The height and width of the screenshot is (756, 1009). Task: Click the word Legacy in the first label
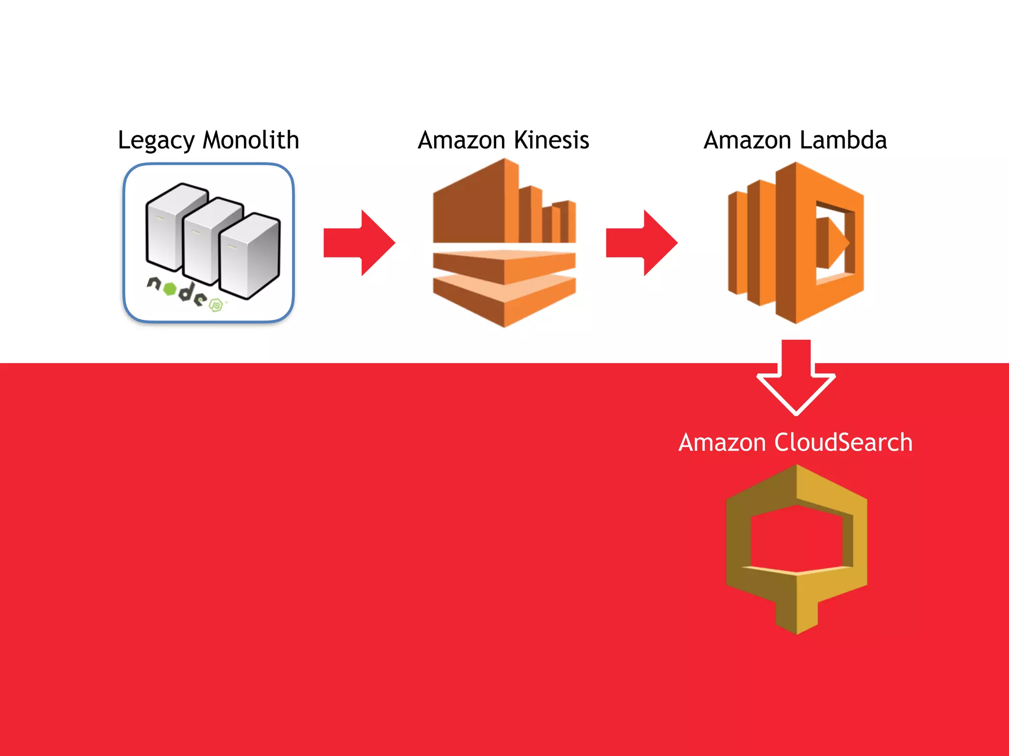click(x=156, y=140)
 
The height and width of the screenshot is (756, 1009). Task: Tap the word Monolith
click(x=251, y=140)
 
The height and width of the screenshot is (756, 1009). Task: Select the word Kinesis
click(x=551, y=140)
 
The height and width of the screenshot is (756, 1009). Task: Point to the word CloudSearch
click(x=843, y=442)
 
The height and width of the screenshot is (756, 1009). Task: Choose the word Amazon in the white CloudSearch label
click(x=722, y=442)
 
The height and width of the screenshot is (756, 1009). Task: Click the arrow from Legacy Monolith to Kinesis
click(x=360, y=243)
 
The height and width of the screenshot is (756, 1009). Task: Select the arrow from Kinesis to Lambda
click(x=641, y=243)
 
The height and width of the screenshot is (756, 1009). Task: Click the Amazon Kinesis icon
click(x=504, y=243)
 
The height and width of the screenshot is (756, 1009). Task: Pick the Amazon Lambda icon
click(x=796, y=243)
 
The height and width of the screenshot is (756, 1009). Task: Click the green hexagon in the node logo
click(x=169, y=289)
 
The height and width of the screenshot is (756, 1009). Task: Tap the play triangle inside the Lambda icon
click(x=838, y=243)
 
